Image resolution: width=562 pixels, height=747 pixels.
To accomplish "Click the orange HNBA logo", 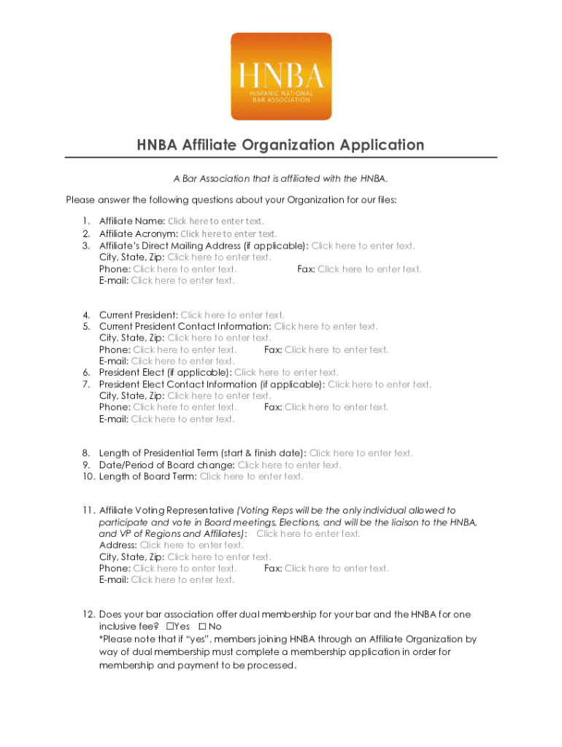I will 281,77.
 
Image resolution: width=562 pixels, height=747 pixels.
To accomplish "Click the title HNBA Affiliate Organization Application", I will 281,144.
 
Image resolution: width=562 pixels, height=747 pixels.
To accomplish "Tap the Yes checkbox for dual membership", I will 170,627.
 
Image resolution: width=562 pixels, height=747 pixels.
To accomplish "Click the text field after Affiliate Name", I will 215,221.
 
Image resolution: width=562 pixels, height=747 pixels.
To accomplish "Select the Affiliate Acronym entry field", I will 228,233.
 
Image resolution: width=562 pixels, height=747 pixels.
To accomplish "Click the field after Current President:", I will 232,315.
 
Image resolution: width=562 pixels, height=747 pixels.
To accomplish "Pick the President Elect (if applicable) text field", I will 286,373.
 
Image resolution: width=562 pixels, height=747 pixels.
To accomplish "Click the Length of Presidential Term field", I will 361,453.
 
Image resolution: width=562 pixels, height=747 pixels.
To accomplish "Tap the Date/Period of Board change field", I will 289,465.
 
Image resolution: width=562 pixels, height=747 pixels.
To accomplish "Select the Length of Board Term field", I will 251,476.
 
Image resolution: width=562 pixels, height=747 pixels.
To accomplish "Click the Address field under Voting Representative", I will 191,545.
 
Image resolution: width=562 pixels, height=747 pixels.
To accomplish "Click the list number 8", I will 86,453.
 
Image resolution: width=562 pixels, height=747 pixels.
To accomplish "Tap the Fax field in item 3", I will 369,269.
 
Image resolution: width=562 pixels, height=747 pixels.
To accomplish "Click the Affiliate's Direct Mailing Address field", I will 363,246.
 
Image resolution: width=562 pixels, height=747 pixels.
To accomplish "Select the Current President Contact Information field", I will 326,327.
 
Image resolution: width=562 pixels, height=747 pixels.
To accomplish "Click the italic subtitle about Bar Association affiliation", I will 281,179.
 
